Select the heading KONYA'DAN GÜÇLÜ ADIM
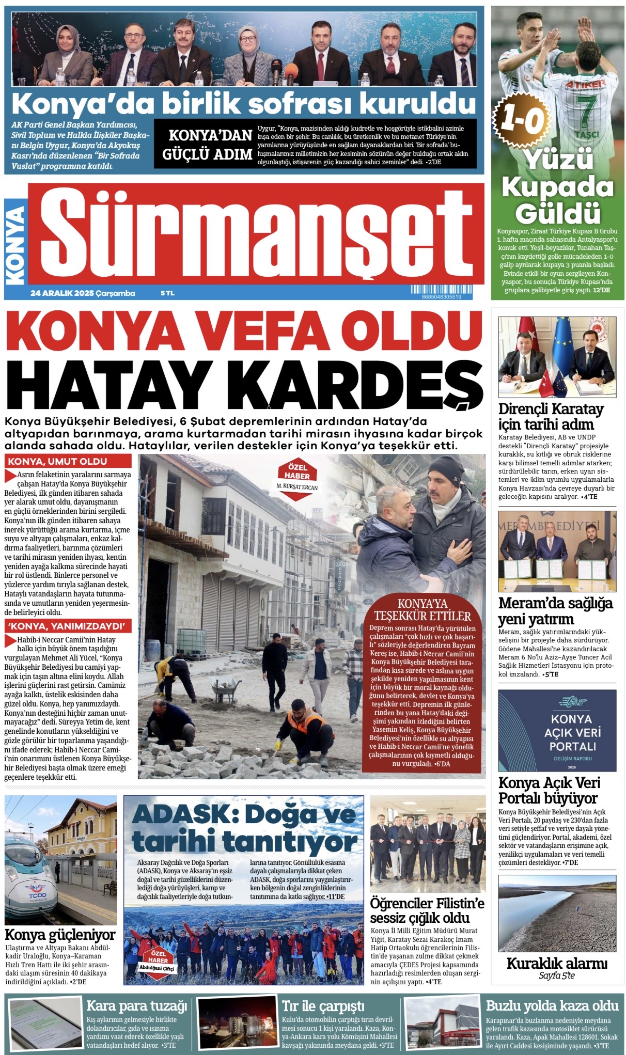207,145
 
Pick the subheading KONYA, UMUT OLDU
57,461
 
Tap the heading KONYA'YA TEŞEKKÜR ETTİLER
422,610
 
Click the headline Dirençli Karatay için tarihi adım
551,416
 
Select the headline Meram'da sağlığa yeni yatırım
555,610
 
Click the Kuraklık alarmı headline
557,963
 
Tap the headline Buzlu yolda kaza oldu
552,1005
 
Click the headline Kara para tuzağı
136,1005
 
